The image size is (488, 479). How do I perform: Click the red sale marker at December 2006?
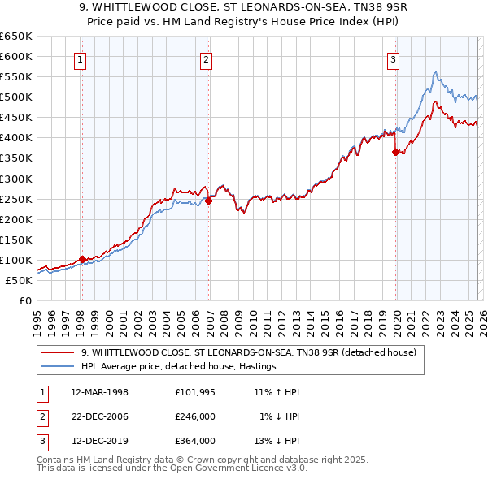click(208, 201)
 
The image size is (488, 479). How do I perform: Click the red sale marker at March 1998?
click(82, 259)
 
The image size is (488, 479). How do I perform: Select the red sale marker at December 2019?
click(395, 152)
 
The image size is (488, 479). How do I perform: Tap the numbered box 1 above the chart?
click(81, 58)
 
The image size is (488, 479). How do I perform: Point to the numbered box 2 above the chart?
click(207, 58)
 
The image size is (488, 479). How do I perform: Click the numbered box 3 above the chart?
click(393, 58)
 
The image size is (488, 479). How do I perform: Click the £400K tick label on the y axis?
click(15, 137)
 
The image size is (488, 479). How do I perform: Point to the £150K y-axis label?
click(15, 239)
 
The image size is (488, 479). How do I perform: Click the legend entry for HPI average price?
click(179, 366)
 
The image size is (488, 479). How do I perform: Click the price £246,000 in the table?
click(195, 416)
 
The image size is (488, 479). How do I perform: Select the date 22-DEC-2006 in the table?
click(100, 416)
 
